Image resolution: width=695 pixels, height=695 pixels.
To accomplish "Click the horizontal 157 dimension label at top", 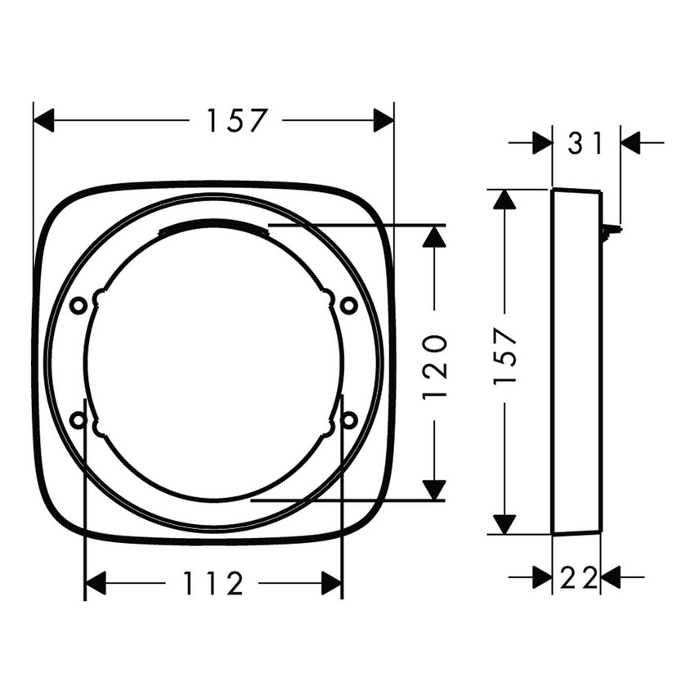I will (x=236, y=121).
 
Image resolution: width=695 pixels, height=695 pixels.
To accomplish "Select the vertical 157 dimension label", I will (x=505, y=357).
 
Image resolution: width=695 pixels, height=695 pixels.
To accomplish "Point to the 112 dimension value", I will (x=213, y=584).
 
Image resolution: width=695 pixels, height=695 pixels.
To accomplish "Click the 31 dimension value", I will (x=585, y=144).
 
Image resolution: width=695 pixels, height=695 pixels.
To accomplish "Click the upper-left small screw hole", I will (x=78, y=305).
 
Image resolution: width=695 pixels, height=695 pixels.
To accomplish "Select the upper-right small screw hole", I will (x=349, y=305).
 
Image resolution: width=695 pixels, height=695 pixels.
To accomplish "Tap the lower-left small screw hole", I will (x=78, y=419).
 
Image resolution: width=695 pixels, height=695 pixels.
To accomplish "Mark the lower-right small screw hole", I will (x=349, y=419).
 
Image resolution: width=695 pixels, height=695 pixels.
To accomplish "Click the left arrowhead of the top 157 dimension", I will (x=43, y=121).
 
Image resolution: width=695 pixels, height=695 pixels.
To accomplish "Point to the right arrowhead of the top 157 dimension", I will (x=383, y=121).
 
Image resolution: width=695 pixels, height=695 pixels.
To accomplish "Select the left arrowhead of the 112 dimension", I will (x=96, y=584).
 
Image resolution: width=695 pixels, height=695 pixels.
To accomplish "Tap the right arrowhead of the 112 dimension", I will (x=332, y=584).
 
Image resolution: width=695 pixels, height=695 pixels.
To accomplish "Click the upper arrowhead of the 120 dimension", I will (x=435, y=235).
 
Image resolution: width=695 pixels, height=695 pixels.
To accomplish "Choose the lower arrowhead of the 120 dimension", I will (x=435, y=490).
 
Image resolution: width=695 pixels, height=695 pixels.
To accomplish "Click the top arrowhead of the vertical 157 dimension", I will (x=505, y=200).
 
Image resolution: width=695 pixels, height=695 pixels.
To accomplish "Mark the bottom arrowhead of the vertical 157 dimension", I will (x=505, y=524).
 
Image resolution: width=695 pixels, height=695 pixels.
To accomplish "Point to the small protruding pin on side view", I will (x=609, y=231).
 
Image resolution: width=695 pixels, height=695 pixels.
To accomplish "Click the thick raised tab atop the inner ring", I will (x=213, y=226).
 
